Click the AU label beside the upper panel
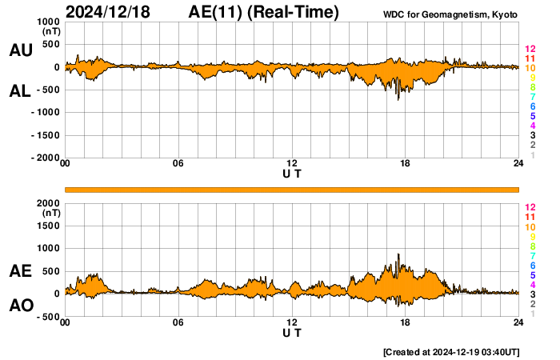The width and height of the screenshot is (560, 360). pyautogui.click(x=20, y=50)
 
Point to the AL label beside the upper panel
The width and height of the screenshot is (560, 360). pyautogui.click(x=20, y=91)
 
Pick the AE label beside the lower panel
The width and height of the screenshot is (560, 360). pyautogui.click(x=20, y=272)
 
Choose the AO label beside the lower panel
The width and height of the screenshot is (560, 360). pyautogui.click(x=20, y=306)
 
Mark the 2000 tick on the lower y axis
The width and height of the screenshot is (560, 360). pyautogui.click(x=47, y=202)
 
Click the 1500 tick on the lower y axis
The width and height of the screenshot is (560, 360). pyautogui.click(x=47, y=226)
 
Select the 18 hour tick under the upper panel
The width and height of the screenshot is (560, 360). pyautogui.click(x=406, y=164)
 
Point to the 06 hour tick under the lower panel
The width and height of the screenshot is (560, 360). pyautogui.click(x=178, y=322)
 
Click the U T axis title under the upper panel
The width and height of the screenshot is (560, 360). pyautogui.click(x=292, y=173)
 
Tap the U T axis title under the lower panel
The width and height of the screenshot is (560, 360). pyautogui.click(x=292, y=332)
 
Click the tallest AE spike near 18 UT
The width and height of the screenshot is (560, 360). pyautogui.click(x=398, y=255)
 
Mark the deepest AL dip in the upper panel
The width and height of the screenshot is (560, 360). pyautogui.click(x=398, y=99)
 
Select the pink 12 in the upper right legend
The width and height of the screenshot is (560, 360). pyautogui.click(x=530, y=49)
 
